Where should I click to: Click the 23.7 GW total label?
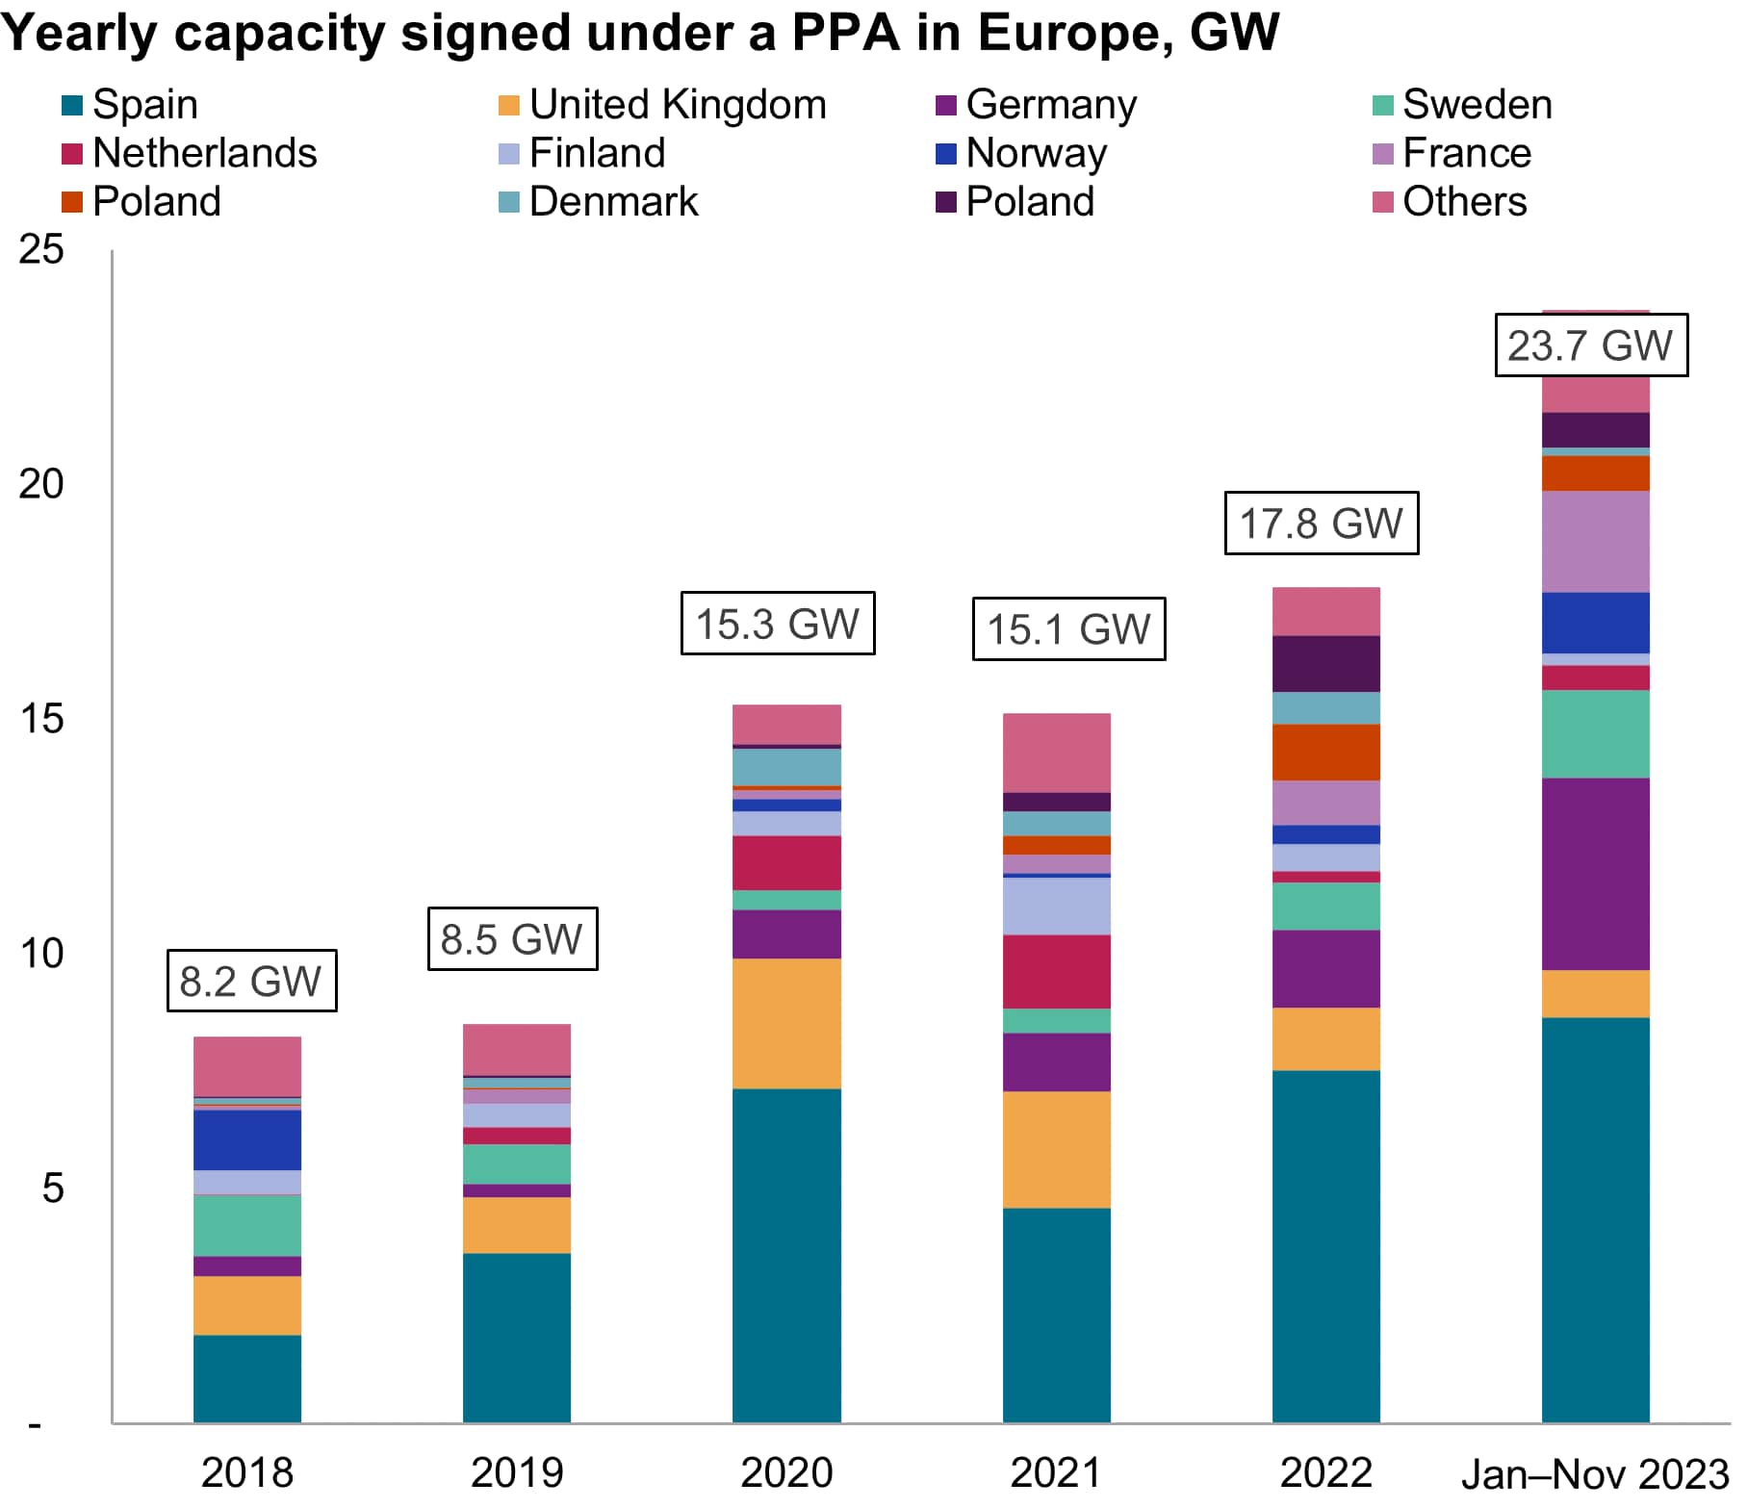click(x=1590, y=345)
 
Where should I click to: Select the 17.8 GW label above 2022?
click(x=1321, y=524)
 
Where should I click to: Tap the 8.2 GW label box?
click(x=251, y=981)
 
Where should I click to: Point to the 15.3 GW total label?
click(x=777, y=624)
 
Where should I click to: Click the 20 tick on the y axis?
click(x=41, y=484)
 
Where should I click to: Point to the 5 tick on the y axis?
click(x=53, y=1189)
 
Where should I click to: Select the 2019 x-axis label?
click(x=517, y=1473)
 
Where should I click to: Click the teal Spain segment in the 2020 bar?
click(x=786, y=1256)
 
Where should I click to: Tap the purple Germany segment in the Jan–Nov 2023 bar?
click(x=1595, y=874)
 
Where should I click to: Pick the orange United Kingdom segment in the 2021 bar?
click(x=1056, y=1150)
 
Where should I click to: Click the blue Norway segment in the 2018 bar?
click(x=247, y=1140)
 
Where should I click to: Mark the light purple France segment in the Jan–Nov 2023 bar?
click(x=1595, y=542)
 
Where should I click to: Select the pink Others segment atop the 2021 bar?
click(x=1056, y=753)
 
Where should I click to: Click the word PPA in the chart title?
click(x=845, y=33)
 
